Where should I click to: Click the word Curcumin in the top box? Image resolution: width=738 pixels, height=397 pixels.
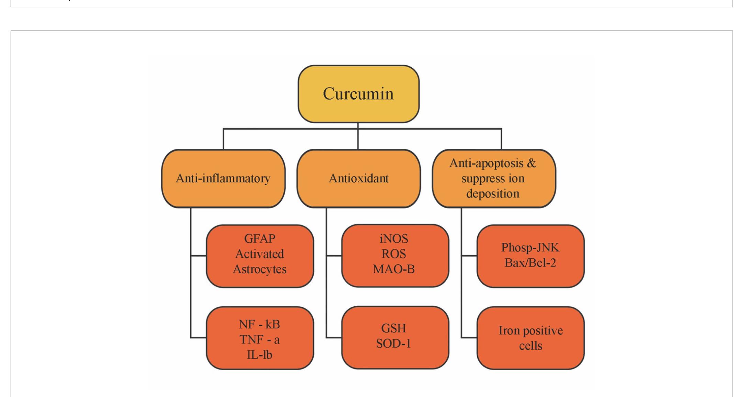point(358,94)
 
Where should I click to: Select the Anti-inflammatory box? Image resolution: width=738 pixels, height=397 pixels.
point(223,178)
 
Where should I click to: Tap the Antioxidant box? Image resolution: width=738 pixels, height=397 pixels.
point(358,178)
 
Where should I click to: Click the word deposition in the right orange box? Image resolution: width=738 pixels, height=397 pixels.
point(493,194)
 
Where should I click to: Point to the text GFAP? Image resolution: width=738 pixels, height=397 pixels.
point(259,238)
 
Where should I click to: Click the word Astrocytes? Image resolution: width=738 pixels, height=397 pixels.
point(259,269)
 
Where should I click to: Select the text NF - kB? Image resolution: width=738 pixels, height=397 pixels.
point(259,324)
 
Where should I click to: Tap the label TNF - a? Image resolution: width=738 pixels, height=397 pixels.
point(259,340)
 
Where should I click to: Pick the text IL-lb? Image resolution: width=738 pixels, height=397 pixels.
point(259,355)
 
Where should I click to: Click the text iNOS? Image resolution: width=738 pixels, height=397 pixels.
point(394,238)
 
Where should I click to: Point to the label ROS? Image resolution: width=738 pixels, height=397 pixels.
point(394,254)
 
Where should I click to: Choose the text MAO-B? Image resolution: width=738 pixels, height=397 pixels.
point(394,269)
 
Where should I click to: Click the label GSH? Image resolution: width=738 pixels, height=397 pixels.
point(394,328)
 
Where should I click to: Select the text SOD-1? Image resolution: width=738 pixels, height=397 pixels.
point(394,343)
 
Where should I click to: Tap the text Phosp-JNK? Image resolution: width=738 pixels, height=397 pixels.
point(530,247)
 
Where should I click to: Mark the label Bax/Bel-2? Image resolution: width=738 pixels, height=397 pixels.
point(530,263)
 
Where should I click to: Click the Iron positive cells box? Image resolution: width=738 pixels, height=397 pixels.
point(530,338)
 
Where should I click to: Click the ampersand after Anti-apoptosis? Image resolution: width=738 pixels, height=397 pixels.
point(532,163)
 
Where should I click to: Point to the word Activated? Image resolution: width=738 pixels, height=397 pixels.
point(259,254)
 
